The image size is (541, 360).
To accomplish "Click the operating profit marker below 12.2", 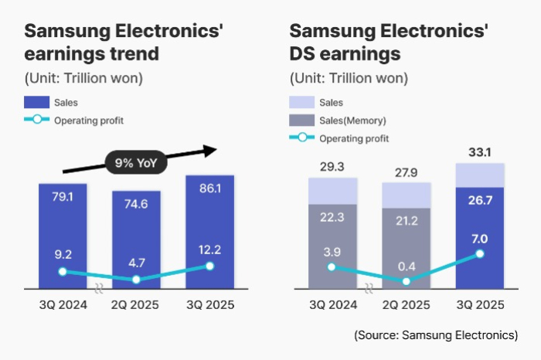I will (x=209, y=267).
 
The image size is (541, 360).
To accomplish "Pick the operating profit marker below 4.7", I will (x=135, y=280).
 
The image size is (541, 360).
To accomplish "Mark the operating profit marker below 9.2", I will (x=63, y=272).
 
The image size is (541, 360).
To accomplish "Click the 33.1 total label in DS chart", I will (x=480, y=151).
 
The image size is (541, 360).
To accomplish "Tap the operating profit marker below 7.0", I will (x=480, y=253).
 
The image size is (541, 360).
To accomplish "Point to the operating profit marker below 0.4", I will (x=407, y=281).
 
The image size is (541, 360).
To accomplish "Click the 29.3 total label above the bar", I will (x=332, y=166).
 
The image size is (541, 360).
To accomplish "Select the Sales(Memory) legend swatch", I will (x=301, y=120).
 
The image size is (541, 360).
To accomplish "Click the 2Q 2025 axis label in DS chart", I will (x=407, y=305).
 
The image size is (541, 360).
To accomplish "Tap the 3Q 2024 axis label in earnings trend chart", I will (x=62, y=305).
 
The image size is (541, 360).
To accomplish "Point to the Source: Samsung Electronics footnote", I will (x=436, y=335).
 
